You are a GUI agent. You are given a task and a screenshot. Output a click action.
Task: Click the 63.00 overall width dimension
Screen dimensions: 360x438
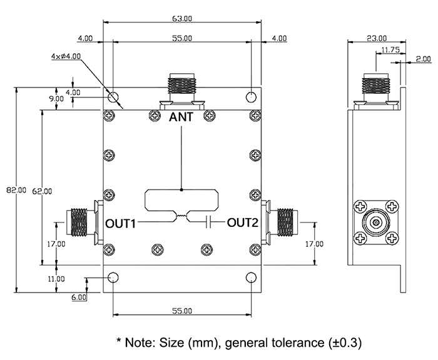181,19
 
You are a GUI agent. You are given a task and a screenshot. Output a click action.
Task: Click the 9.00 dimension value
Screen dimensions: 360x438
56,99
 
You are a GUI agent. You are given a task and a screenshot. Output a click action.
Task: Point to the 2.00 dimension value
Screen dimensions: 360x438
423,59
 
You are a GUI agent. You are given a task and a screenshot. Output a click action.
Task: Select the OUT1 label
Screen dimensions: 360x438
121,222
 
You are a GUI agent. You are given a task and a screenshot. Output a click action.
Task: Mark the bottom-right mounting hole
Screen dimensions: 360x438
251,277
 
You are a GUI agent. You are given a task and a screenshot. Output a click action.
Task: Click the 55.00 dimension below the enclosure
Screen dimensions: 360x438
181,311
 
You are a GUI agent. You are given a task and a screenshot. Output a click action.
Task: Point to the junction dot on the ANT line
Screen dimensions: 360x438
181,189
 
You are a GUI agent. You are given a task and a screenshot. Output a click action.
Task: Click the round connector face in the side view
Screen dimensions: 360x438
375,222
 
